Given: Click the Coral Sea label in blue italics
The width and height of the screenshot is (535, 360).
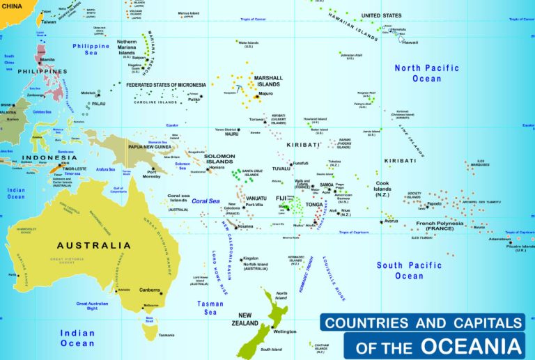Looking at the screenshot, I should [206, 201].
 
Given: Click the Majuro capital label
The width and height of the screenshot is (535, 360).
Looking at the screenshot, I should [265, 93].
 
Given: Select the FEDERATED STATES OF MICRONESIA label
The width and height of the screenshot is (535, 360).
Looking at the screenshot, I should [166, 85].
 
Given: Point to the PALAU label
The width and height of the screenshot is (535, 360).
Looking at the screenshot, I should [99, 104].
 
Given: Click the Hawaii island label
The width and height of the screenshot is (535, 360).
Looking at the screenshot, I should [410, 42].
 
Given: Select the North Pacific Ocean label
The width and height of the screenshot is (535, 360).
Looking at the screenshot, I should [426, 73].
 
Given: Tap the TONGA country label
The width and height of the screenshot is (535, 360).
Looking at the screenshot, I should [314, 205].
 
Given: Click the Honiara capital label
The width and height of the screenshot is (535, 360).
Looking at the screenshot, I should [217, 167].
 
